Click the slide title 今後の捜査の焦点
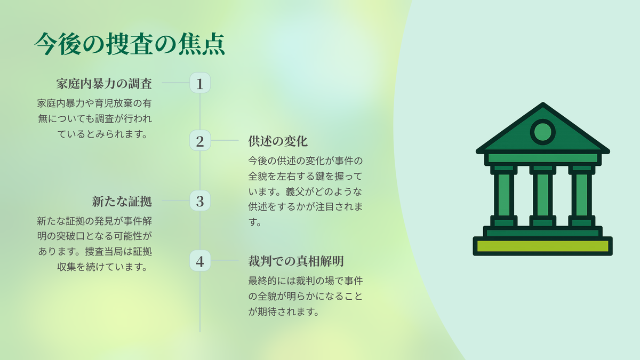(130, 44)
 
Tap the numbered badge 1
(200, 83)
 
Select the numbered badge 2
(200, 140)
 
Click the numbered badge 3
(200, 201)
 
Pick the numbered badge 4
(200, 261)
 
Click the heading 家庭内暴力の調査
(104, 84)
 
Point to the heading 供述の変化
(278, 141)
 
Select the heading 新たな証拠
(122, 201)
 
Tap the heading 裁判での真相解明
(295, 261)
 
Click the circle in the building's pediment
(542, 132)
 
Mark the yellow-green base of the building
(542, 246)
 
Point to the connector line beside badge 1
(175, 83)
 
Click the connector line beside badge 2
(225, 140)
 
